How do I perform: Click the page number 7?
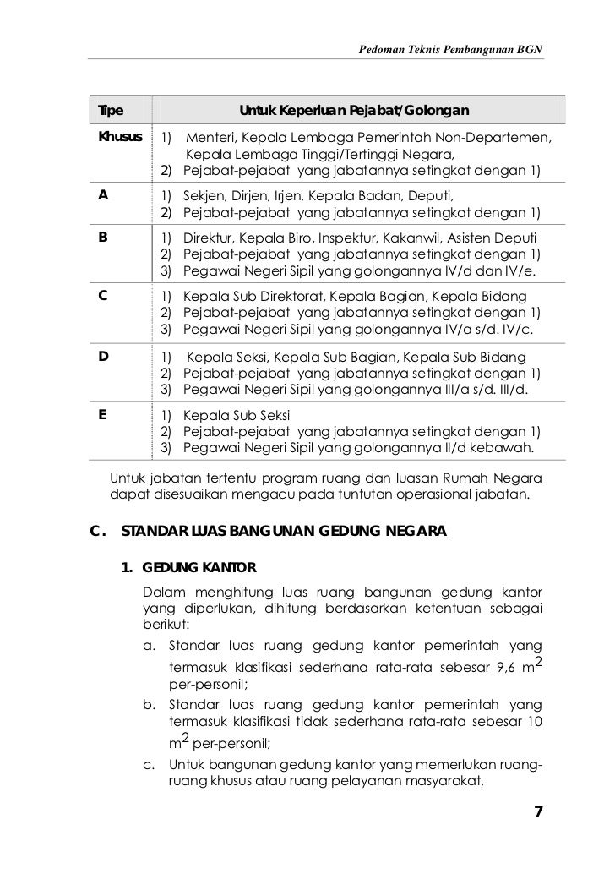tap(538, 812)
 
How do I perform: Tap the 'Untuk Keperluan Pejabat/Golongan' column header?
tap(354, 111)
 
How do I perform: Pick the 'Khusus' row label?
tap(120, 137)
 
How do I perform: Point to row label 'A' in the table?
tap(103, 194)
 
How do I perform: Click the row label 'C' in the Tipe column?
tap(103, 296)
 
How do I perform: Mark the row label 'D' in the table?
tap(103, 356)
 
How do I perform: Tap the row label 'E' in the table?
tap(103, 415)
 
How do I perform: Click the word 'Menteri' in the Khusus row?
tap(210, 138)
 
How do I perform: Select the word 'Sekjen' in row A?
tap(204, 194)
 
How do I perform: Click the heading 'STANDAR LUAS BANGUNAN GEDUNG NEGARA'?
tap(284, 532)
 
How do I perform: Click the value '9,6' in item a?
tap(500, 671)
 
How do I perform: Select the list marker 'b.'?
tap(151, 703)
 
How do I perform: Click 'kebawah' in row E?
tap(508, 446)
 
